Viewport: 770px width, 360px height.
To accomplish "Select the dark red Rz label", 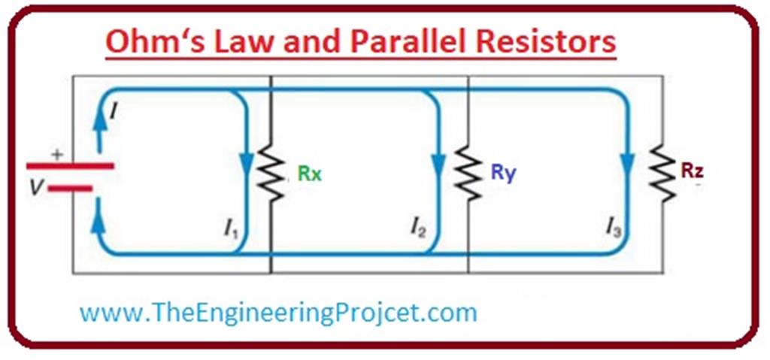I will pyautogui.click(x=693, y=171).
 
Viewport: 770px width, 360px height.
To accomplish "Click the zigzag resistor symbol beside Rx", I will pyautogui.click(x=269, y=174).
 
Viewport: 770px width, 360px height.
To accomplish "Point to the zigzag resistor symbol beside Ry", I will pyautogui.click(x=467, y=174).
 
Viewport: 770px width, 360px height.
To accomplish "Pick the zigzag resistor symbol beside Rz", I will pyautogui.click(x=662, y=174).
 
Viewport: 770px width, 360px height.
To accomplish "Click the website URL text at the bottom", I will pyautogui.click(x=278, y=312).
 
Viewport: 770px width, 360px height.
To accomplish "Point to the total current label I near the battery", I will pyautogui.click(x=114, y=113).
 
